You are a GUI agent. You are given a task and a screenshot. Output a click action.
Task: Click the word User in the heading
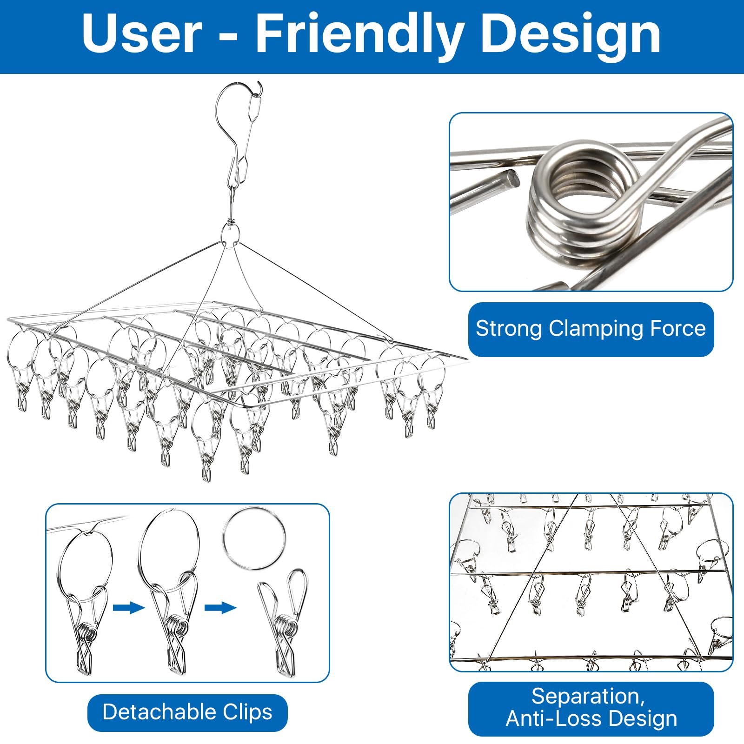(x=142, y=34)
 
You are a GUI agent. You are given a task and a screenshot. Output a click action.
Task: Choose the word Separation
(x=588, y=697)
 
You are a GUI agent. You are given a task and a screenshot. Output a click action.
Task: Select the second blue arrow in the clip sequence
(x=220, y=607)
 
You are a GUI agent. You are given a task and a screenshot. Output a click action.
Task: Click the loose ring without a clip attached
(x=254, y=539)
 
